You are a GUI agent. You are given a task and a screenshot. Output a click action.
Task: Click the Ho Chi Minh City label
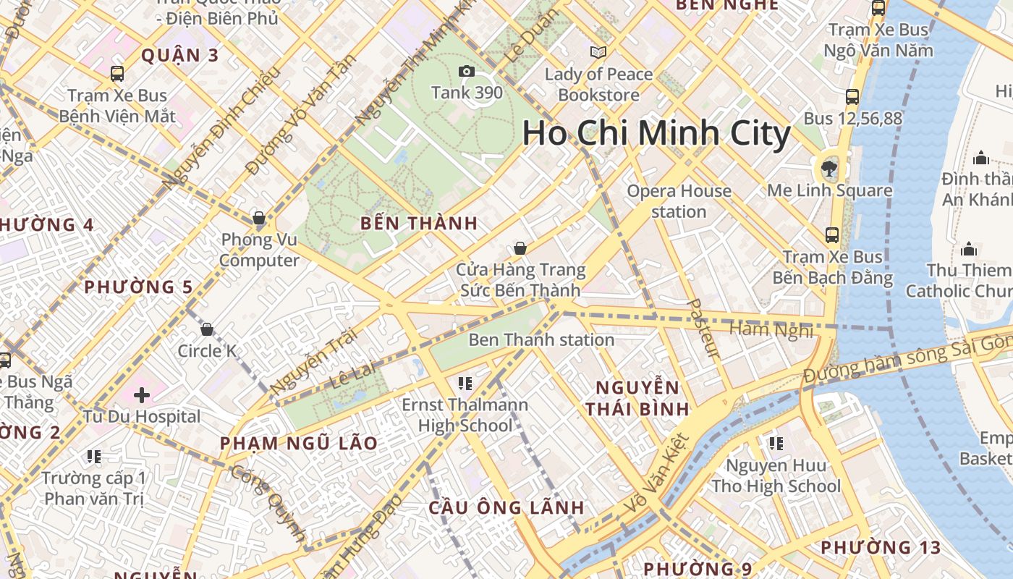point(656,134)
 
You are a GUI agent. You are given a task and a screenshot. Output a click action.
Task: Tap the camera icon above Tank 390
point(467,71)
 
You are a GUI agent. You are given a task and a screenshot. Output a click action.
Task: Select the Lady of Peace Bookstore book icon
point(598,52)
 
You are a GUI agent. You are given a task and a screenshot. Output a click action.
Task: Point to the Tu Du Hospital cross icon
point(142,395)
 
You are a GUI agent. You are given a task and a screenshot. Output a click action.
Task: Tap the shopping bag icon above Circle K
point(207,330)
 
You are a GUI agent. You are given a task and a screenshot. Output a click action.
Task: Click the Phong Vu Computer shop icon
point(258,218)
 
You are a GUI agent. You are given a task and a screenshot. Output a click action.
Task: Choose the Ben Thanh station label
point(541,339)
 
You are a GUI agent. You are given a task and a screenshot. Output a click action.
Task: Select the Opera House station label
point(679,201)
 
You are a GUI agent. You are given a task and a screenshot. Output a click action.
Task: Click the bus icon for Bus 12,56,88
point(852,96)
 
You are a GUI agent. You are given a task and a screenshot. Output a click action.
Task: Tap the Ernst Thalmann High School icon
point(465,383)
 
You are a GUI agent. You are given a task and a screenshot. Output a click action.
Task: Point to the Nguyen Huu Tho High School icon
point(776,443)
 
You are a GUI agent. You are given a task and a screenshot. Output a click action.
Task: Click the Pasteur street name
point(703,329)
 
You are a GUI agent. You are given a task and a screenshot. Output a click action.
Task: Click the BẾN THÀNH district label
point(419,224)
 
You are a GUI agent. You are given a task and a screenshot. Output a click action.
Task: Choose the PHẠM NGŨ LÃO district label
point(298,443)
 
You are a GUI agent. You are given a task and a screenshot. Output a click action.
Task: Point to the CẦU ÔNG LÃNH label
point(506,507)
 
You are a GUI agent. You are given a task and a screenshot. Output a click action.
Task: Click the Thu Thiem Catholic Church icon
point(968,250)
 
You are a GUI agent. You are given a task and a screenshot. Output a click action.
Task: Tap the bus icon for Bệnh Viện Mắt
point(117,73)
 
